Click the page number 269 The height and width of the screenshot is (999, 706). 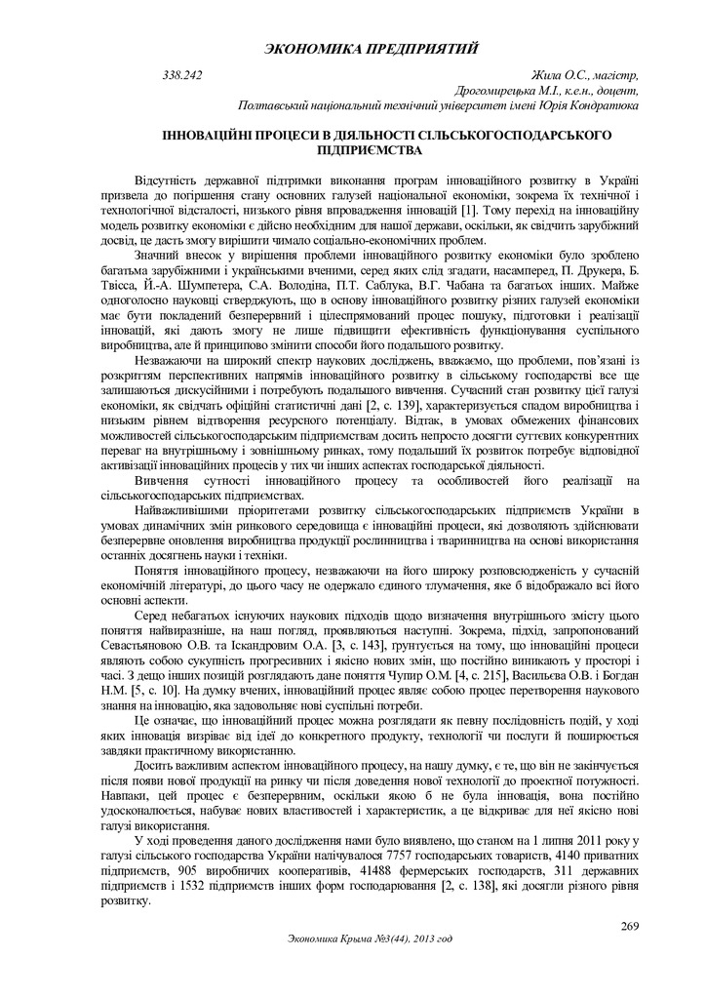629,925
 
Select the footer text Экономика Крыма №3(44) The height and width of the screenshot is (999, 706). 349,939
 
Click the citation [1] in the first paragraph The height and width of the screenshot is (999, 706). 471,211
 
